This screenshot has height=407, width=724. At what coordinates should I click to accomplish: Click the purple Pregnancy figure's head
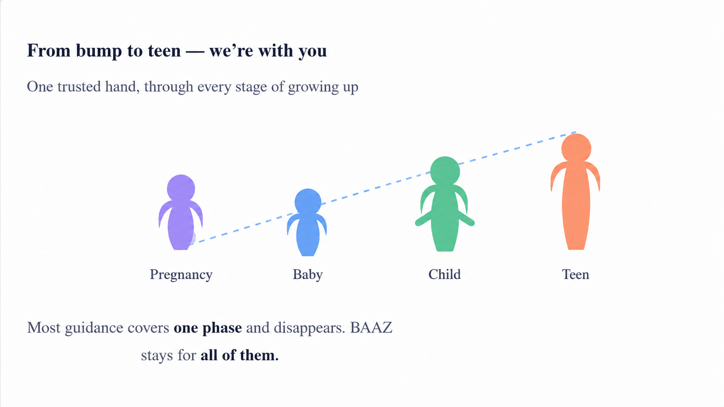(181, 189)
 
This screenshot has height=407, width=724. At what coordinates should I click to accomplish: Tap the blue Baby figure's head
(308, 202)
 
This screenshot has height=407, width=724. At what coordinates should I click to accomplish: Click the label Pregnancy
(181, 275)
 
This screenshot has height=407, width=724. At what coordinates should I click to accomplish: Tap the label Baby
(308, 274)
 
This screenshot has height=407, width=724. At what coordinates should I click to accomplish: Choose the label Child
(444, 274)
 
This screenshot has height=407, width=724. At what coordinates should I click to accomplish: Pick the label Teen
(576, 274)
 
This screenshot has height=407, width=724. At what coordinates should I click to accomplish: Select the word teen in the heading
(164, 51)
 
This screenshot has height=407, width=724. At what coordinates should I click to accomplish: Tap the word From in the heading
(48, 51)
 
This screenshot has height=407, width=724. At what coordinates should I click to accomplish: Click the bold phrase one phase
(208, 328)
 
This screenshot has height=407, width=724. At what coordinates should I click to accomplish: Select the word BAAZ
(371, 327)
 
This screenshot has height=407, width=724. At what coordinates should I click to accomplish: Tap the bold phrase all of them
(239, 355)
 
